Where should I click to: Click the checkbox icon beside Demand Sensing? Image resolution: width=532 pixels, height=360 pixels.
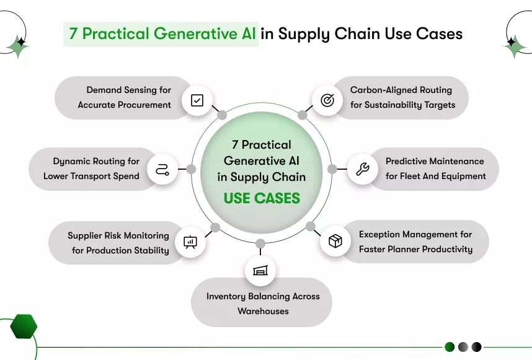click(197, 100)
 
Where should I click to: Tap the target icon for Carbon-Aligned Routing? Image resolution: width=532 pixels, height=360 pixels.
click(327, 100)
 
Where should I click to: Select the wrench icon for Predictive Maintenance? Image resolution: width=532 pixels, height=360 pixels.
click(362, 169)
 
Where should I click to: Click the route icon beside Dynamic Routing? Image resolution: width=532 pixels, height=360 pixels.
click(162, 169)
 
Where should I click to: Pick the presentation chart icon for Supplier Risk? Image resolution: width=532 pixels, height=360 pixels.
click(190, 242)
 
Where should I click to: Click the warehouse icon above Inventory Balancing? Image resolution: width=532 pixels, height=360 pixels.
click(260, 271)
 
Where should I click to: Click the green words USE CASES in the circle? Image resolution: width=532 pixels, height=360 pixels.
click(262, 198)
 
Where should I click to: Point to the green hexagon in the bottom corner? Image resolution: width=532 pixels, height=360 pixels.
click(24, 326)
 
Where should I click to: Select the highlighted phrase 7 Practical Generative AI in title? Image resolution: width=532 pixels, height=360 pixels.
click(161, 33)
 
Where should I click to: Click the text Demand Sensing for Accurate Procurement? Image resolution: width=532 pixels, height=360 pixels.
click(124, 97)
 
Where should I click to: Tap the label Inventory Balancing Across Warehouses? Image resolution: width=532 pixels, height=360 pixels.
click(263, 304)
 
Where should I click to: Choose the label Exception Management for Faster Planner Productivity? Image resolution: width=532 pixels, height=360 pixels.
click(415, 242)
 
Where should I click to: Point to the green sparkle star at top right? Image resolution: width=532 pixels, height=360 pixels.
click(514, 45)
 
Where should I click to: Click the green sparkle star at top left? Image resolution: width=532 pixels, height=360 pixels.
click(18, 46)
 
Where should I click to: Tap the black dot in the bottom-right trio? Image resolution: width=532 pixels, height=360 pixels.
click(476, 347)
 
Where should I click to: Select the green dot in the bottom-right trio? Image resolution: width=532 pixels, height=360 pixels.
click(450, 347)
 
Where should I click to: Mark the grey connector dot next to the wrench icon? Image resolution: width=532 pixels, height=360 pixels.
click(332, 169)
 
